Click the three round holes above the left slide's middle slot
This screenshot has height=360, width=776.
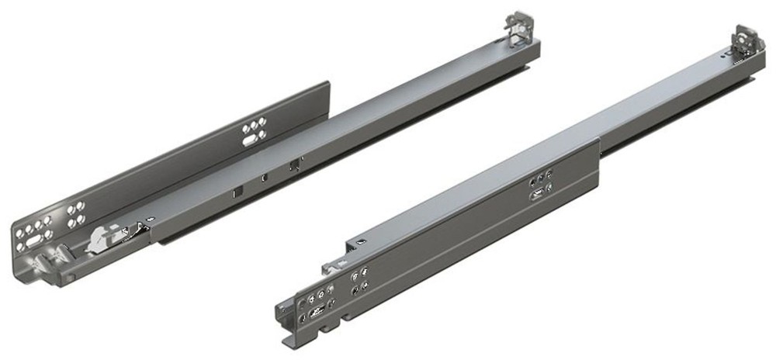coord(254,126)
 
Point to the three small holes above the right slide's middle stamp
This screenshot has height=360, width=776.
coord(541,180)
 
